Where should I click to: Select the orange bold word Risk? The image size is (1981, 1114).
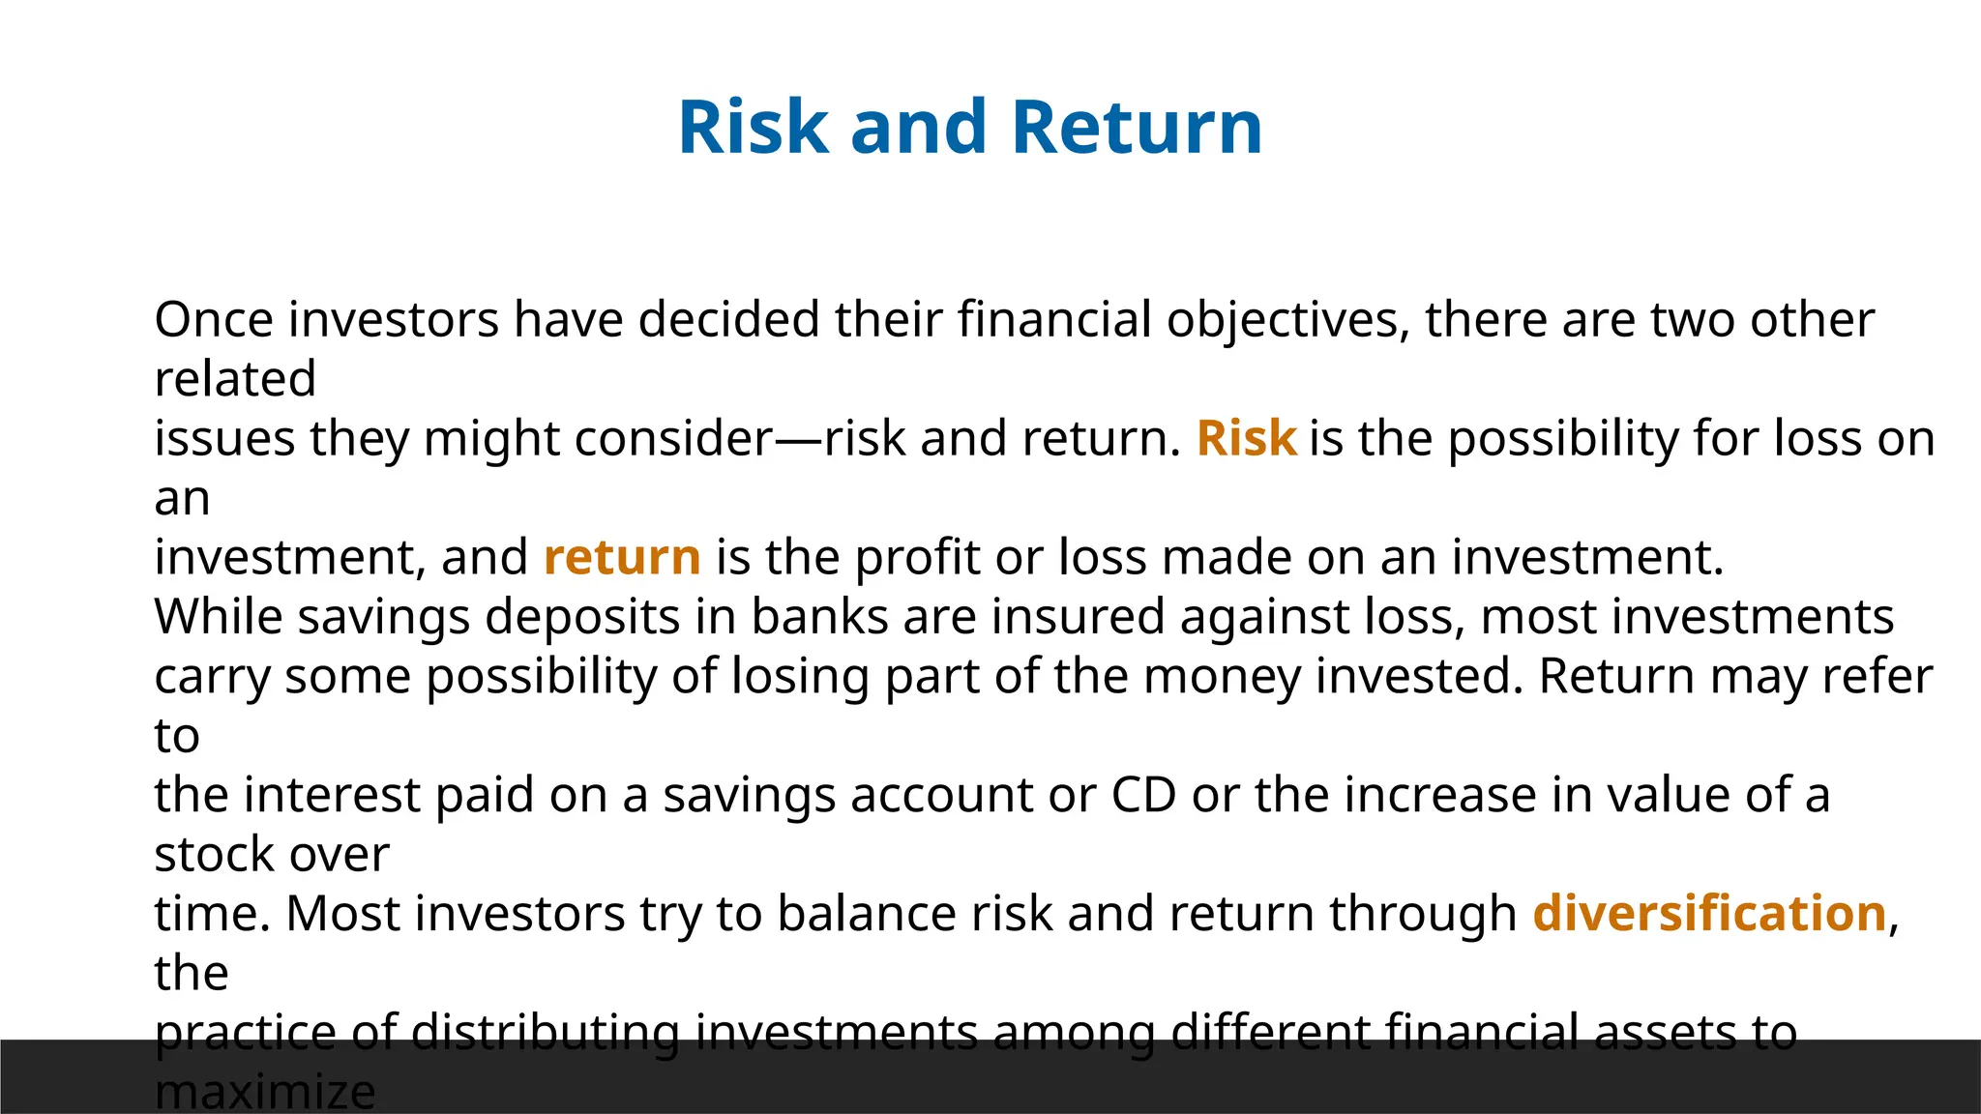[1246, 438]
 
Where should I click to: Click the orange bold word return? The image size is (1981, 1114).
[622, 557]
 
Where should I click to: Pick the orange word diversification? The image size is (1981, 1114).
[1709, 913]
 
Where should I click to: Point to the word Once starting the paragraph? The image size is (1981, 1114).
[214, 319]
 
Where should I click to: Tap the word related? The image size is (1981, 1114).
[235, 378]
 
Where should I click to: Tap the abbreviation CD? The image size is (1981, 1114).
[1143, 795]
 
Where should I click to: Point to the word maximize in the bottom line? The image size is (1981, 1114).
[264, 1093]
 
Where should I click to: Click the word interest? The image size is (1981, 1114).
[331, 795]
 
